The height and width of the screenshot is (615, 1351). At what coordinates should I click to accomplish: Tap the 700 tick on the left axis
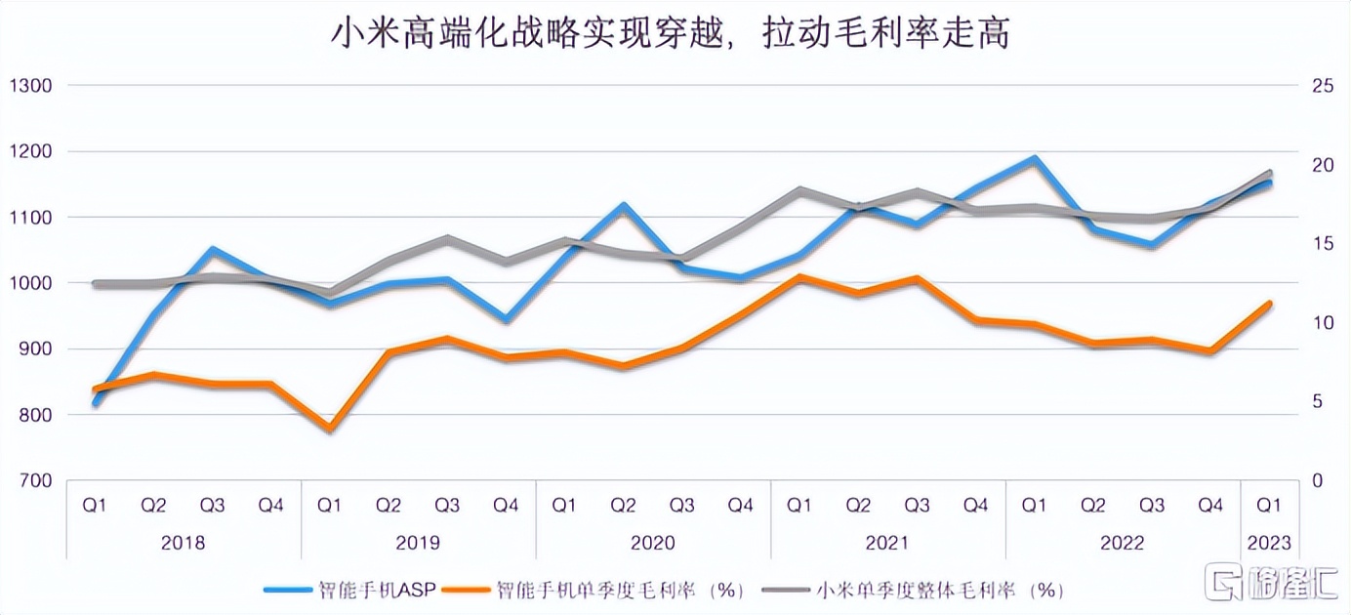(x=35, y=480)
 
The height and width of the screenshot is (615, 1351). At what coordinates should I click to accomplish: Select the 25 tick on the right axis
(x=1323, y=86)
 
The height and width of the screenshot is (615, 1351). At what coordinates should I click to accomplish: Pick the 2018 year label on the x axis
(x=183, y=543)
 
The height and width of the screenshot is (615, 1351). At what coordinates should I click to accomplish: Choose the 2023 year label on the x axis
(x=1269, y=543)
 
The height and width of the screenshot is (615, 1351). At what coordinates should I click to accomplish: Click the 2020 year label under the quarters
(x=653, y=543)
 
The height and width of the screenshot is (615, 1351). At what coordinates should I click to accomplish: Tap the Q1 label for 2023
(x=1269, y=505)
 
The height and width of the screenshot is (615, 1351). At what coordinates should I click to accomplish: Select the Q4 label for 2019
(x=506, y=505)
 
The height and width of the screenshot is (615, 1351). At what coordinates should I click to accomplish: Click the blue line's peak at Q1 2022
(x=1034, y=158)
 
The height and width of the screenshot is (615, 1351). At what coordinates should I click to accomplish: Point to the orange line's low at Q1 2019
(x=330, y=428)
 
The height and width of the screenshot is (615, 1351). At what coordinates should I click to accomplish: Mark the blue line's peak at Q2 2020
(x=623, y=206)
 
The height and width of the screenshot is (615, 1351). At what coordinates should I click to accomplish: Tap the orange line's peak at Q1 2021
(x=799, y=277)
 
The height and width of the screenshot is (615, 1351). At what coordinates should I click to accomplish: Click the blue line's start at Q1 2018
(x=96, y=403)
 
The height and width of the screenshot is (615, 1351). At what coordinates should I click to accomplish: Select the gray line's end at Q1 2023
(x=1269, y=173)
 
